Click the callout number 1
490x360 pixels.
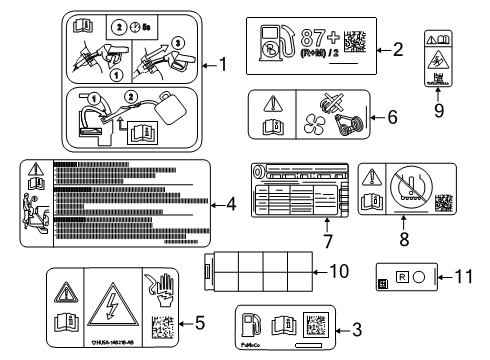tap(223, 66)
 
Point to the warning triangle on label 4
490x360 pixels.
tap(36, 169)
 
